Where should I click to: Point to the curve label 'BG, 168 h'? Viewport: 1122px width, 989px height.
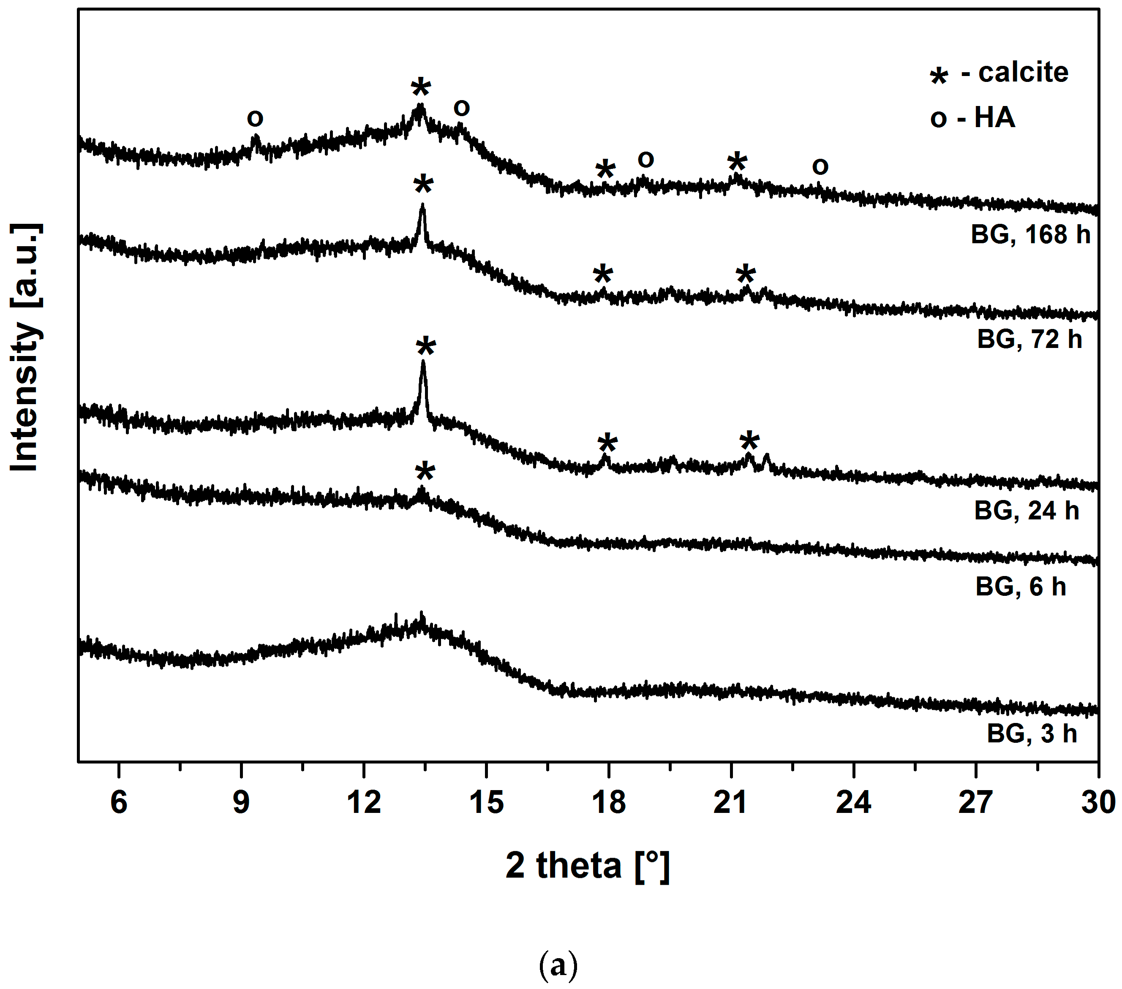1030,234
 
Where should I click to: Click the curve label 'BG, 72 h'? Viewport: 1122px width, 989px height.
1029,339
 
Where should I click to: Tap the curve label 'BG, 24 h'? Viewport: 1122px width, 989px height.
1027,511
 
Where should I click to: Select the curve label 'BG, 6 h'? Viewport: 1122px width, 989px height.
1021,587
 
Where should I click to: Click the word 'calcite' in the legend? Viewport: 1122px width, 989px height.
1023,73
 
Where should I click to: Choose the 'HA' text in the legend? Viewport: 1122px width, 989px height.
995,117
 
